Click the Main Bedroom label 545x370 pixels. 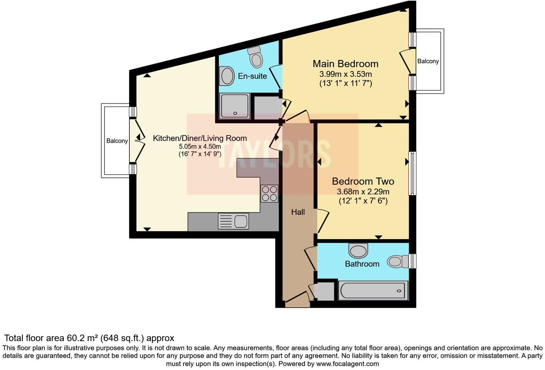(x=345, y=64)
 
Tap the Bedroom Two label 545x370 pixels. (x=363, y=181)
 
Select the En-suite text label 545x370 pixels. (x=252, y=76)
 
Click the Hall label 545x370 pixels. (x=298, y=212)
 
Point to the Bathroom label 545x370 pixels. (x=362, y=264)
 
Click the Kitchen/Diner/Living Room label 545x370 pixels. (x=200, y=138)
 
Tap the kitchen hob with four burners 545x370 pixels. (x=269, y=193)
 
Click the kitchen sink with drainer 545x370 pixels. (x=233, y=221)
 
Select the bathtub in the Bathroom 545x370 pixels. (x=373, y=290)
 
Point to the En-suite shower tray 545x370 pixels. (x=235, y=106)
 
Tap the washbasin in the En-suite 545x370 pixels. (x=227, y=76)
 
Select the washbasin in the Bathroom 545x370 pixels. (x=358, y=250)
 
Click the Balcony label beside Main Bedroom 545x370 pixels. (x=428, y=61)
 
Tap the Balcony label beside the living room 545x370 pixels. (x=117, y=141)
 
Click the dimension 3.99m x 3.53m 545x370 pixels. (x=345, y=75)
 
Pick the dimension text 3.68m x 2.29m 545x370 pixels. (x=363, y=192)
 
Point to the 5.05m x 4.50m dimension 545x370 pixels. (x=200, y=147)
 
